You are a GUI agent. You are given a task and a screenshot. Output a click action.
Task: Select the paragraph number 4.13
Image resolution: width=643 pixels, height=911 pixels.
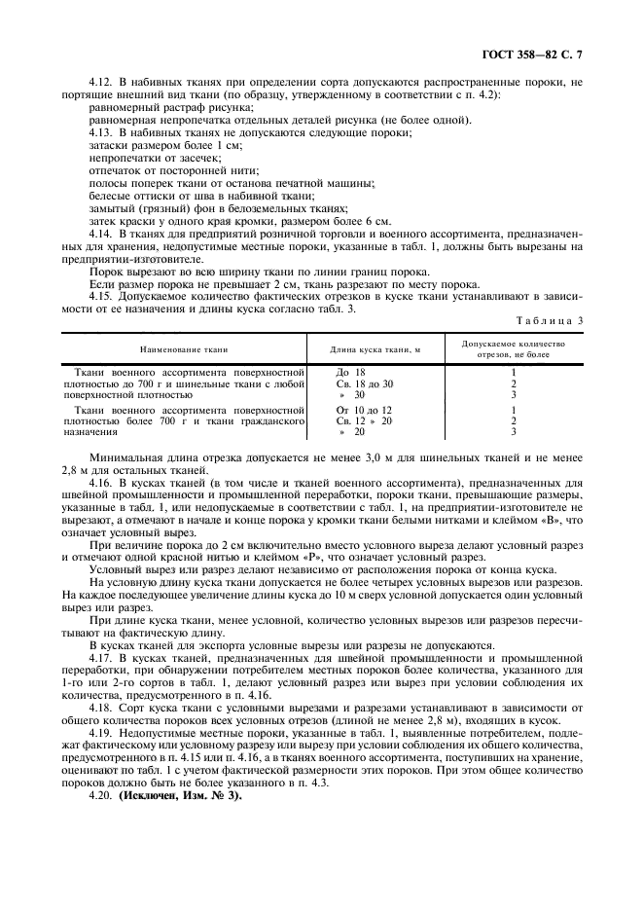point(100,131)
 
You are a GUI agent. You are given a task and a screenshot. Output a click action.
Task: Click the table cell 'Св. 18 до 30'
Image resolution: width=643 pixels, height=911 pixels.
point(365,383)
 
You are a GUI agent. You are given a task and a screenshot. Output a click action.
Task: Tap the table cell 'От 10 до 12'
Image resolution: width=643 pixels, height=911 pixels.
point(364,410)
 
